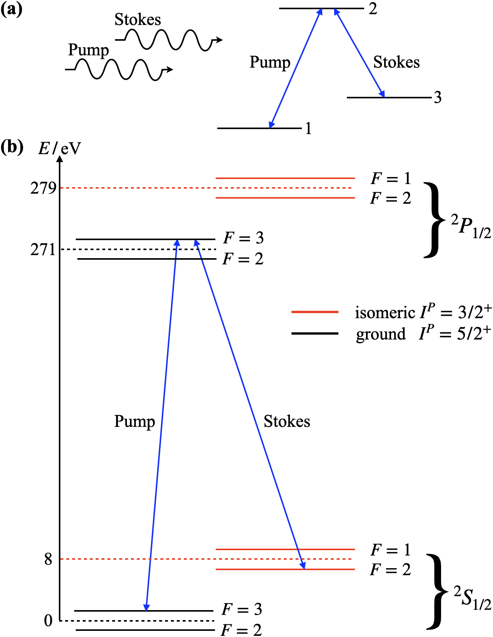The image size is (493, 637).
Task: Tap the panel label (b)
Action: coord(12,146)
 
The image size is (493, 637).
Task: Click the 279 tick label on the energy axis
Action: coord(43,188)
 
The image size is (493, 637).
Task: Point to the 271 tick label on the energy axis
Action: coord(43,250)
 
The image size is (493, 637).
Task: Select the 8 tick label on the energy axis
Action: coord(48,559)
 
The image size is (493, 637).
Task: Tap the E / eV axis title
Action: coord(60,148)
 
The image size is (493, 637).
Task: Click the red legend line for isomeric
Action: coord(315,312)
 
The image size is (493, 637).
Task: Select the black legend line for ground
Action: coord(315,333)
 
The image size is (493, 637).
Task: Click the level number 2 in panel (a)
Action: coord(373,9)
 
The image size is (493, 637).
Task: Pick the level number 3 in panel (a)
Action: coord(438,98)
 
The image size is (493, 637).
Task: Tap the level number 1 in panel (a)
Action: coord(308,128)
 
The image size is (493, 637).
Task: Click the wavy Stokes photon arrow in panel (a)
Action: coord(169,40)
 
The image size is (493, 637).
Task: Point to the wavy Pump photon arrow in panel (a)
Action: coord(119,70)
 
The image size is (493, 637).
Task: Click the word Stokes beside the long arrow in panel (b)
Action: coord(286,421)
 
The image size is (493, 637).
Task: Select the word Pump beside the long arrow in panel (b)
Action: coord(135,421)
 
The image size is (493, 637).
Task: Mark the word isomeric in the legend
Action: coord(385,313)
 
